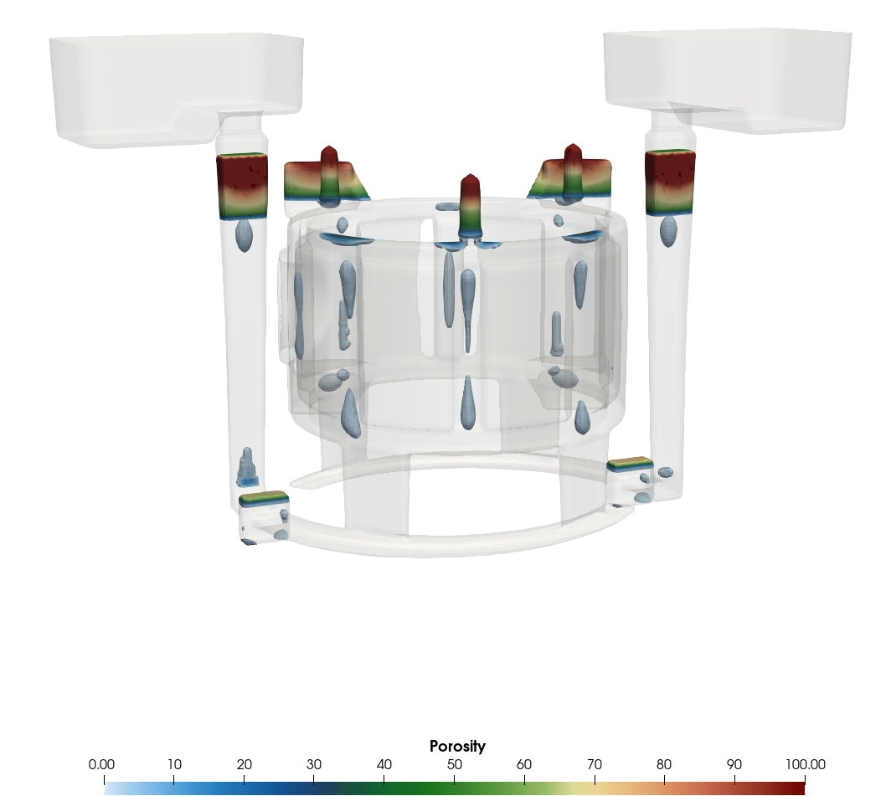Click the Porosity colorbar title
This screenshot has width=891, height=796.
[x=457, y=746]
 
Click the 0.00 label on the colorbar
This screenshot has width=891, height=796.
[x=101, y=765]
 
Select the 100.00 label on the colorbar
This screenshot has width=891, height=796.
[x=806, y=765]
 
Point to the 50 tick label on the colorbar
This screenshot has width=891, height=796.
[x=454, y=765]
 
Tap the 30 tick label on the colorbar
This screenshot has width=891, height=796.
[x=314, y=765]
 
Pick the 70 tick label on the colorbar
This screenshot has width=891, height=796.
[x=595, y=765]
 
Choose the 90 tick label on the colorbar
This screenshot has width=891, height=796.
[x=734, y=765]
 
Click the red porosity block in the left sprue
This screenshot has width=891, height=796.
[x=242, y=186]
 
